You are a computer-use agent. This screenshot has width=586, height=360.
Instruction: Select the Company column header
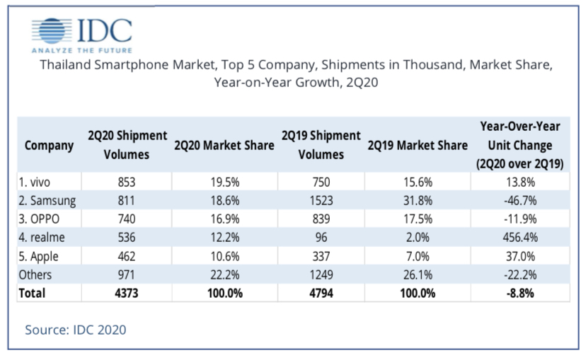click(49, 145)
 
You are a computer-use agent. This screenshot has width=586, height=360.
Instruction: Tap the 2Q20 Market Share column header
click(224, 145)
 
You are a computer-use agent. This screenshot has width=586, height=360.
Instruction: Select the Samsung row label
click(47, 201)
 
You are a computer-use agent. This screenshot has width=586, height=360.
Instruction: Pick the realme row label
click(44, 238)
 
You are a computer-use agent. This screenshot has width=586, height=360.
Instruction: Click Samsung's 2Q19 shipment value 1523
click(321, 201)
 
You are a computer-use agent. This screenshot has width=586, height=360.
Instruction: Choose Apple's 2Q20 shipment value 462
click(127, 256)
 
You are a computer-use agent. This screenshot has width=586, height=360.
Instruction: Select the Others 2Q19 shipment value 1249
click(321, 274)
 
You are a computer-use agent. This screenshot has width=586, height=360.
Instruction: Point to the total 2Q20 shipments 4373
click(127, 293)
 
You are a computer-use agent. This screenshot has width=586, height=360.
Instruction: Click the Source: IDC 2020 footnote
click(76, 329)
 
